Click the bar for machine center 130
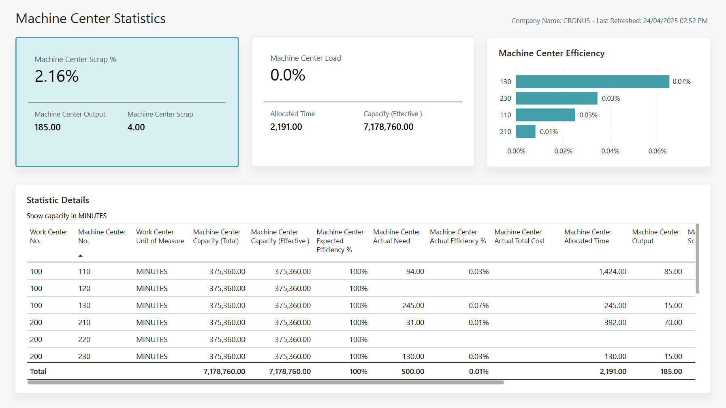(592, 81)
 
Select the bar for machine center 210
(525, 132)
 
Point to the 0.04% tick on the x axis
(610, 151)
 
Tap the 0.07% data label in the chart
(681, 81)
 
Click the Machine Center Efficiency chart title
(551, 53)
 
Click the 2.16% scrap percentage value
(57, 76)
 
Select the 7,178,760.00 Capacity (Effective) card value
(388, 127)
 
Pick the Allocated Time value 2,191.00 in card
(286, 127)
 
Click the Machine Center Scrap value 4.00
(136, 127)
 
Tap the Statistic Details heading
(58, 200)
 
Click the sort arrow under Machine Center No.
(80, 256)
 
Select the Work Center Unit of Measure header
(160, 236)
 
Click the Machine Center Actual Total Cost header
(519, 236)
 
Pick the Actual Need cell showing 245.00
(413, 306)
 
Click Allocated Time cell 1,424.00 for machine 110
(612, 272)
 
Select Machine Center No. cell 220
(84, 340)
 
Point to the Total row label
(38, 372)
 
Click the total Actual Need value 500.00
(412, 372)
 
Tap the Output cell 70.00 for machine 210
(673, 323)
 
